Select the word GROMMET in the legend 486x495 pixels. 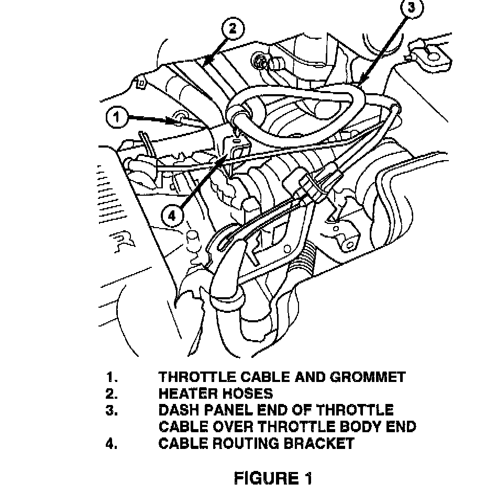[370, 377]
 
